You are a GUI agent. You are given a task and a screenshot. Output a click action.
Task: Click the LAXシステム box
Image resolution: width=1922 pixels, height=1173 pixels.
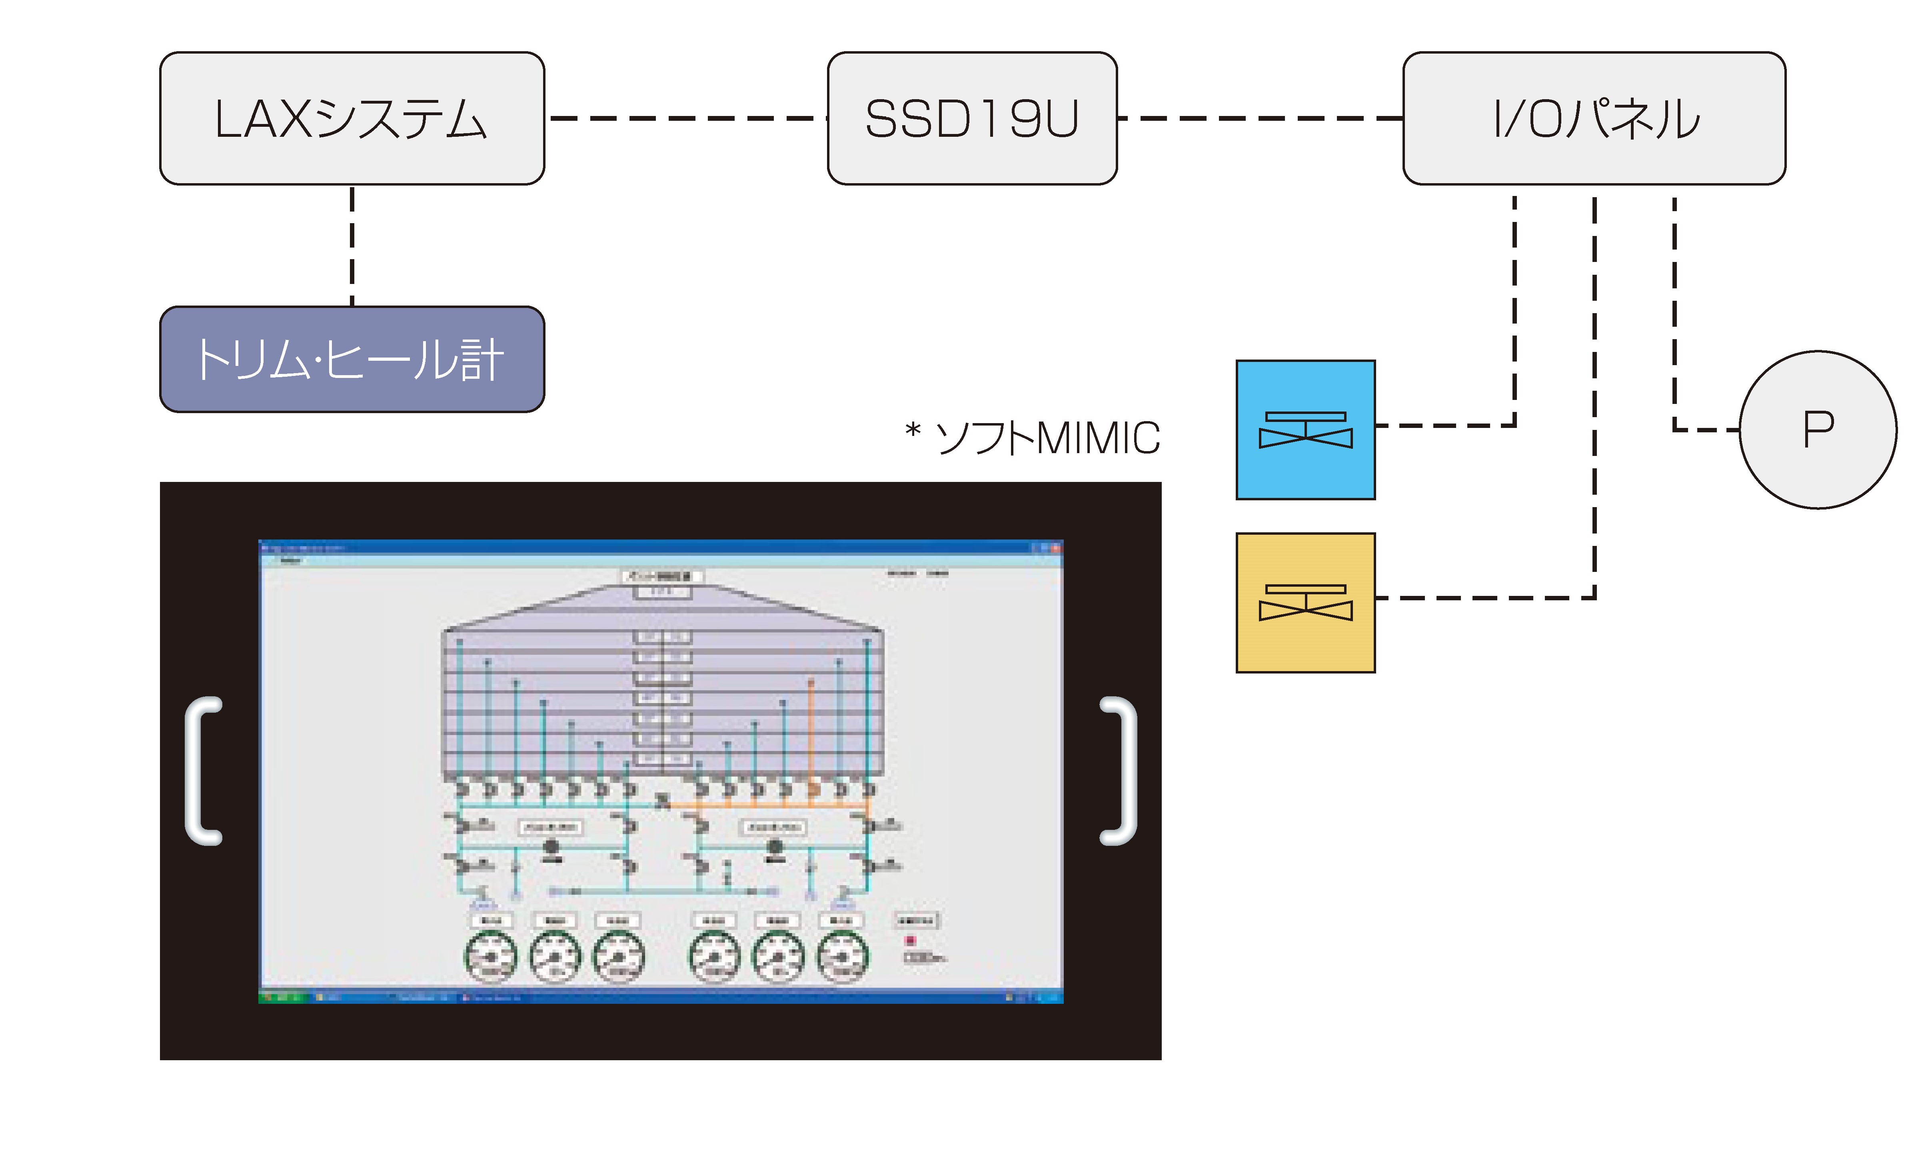pos(352,118)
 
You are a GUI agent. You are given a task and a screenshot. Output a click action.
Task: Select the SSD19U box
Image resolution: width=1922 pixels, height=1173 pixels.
pos(972,118)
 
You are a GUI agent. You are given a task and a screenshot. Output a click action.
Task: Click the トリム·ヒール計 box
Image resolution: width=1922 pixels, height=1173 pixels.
pos(352,360)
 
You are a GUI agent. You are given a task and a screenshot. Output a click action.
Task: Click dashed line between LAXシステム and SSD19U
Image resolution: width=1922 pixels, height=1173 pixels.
pos(686,118)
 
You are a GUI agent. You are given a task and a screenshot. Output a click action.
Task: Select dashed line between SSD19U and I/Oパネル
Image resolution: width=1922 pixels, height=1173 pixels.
pos(1260,118)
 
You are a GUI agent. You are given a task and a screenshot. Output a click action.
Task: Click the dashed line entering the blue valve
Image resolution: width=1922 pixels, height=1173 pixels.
pos(1443,426)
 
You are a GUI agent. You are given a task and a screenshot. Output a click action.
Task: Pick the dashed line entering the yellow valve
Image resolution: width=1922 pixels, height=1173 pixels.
pos(1482,598)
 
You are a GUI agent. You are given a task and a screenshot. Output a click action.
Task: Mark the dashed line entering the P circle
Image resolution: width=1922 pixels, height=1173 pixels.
pos(1708,430)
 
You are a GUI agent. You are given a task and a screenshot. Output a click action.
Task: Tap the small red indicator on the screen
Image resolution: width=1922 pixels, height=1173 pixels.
pos(909,941)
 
